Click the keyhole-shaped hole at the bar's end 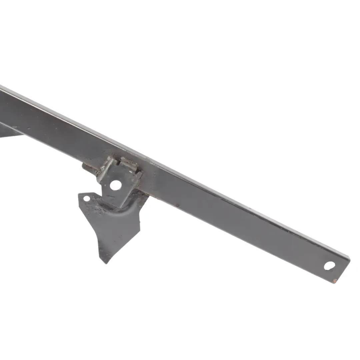329,265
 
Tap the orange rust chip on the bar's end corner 335,281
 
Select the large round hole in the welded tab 116,185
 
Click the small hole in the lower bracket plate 87,199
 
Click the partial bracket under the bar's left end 8,132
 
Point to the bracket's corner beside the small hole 80,195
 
